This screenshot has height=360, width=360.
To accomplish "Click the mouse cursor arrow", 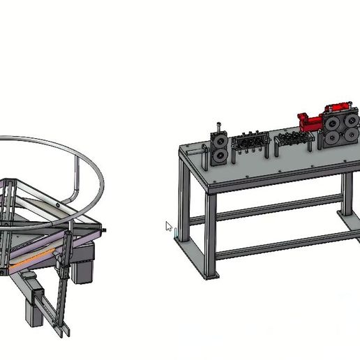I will [168, 226].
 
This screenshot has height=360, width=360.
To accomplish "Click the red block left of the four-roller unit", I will [308, 123].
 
